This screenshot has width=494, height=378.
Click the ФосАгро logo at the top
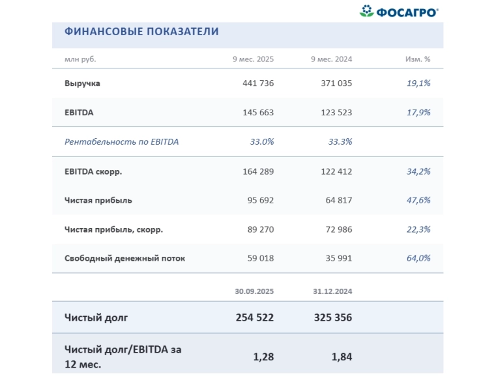coord(399,11)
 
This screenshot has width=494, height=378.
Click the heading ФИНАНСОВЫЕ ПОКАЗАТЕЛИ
coord(141,31)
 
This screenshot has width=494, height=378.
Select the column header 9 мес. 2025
coord(253,59)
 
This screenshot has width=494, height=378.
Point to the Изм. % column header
coord(418,59)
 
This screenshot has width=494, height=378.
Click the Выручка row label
coord(82,83)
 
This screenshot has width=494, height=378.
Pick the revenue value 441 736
coord(257,83)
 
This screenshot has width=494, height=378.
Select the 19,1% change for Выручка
coord(418,83)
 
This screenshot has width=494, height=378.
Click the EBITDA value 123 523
coord(336,112)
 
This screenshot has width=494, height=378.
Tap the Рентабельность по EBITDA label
coord(121,141)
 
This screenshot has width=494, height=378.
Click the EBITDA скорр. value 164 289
coord(257,171)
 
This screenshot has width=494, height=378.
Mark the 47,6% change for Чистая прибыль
coord(418,200)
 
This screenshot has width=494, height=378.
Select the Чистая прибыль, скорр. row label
coord(113,229)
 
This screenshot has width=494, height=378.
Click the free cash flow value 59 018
coord(260,258)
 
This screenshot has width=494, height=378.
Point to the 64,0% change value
coord(418,258)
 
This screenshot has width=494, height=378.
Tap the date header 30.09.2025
coord(254,291)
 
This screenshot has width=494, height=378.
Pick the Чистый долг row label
coord(96,318)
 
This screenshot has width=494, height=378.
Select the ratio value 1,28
coord(263,356)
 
